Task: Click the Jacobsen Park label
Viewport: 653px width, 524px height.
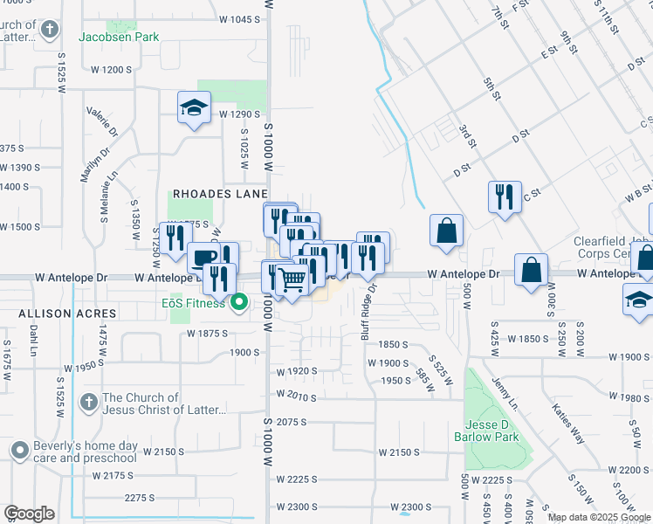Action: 119,38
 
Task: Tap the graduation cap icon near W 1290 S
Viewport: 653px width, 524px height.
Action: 194,107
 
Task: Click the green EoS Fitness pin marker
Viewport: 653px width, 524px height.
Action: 238,304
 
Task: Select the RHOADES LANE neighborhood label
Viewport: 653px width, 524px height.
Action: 219,194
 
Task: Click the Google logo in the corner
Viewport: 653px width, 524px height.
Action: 29,514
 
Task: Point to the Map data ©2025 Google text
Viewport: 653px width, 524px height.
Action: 599,517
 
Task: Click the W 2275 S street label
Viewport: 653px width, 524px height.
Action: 141,498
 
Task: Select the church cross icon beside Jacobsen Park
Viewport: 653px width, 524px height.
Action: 50,29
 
